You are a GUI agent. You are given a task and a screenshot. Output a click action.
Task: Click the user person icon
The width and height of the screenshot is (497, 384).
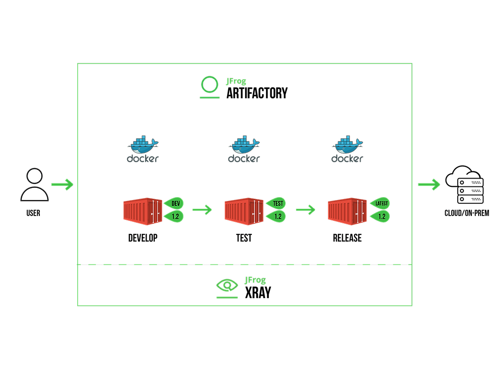pyautogui.click(x=34, y=185)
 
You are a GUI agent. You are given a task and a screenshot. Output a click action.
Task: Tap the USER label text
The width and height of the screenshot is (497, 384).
pyautogui.click(x=34, y=213)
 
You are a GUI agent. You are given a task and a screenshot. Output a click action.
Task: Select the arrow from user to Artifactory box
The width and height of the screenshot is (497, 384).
pyautogui.click(x=62, y=184)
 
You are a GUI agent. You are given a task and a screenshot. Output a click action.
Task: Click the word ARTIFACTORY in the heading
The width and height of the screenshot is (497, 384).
pyautogui.click(x=257, y=93)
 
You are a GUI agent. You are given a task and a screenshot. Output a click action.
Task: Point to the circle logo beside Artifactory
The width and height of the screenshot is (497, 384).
pyautogui.click(x=210, y=84)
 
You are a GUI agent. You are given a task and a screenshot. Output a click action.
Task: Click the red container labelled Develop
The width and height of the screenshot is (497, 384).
pyautogui.click(x=141, y=211)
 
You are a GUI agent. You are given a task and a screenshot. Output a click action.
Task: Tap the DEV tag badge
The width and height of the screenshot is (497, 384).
pyautogui.click(x=175, y=203)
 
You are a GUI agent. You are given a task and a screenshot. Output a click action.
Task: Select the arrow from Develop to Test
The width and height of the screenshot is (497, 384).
pyautogui.click(x=202, y=210)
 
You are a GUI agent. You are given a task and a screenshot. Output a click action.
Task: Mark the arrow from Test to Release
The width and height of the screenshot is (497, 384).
pyautogui.click(x=306, y=210)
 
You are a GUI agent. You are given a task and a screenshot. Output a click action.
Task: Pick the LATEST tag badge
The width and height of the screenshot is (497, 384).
pyautogui.click(x=381, y=203)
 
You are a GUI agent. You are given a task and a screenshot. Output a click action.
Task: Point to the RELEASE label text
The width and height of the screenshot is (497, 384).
pyautogui.click(x=347, y=238)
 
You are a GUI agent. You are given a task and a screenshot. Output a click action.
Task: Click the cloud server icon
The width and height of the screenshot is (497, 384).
pyautogui.click(x=464, y=184)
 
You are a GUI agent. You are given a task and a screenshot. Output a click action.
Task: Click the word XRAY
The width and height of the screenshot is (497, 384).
pyautogui.click(x=258, y=292)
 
